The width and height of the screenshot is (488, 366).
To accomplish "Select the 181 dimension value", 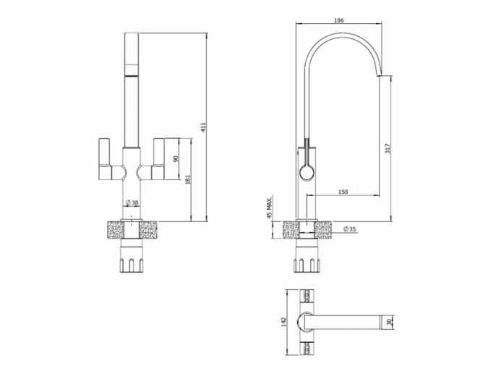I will coord(188,179).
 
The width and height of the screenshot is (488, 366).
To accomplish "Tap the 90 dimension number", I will coord(176,158).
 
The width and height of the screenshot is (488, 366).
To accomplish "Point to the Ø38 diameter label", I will coord(132,203).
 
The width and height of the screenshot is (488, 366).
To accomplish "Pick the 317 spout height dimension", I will coord(389,148).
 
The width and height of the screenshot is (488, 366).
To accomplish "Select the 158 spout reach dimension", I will coord(343,192).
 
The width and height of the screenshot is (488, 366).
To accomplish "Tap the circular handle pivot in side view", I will coord(305,172).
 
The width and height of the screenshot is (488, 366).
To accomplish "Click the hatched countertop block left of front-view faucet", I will coord(111,231).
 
